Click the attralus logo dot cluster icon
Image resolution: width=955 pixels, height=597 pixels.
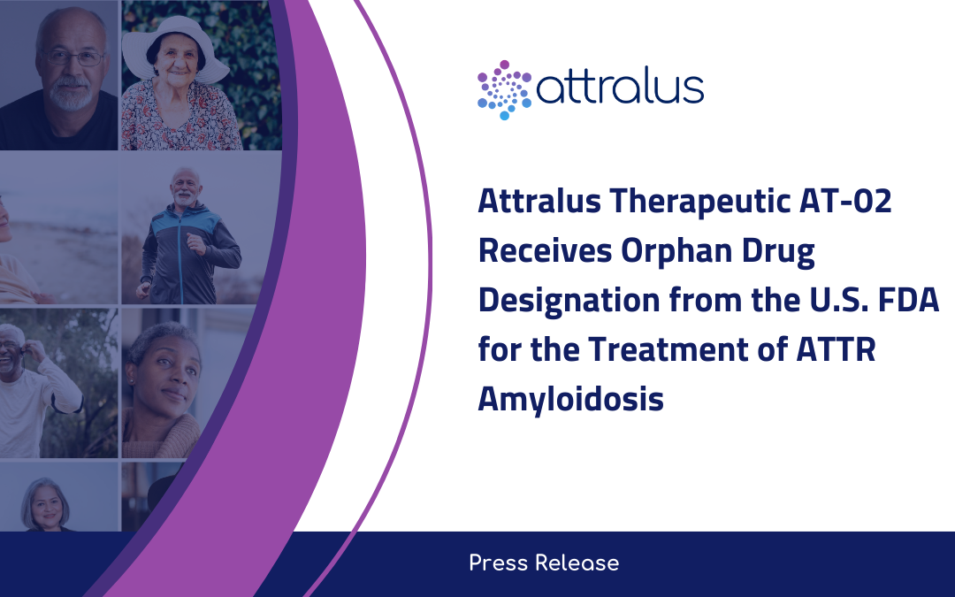[x=504, y=89]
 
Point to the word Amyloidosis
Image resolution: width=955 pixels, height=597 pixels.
[x=570, y=398]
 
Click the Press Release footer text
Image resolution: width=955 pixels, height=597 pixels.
[x=544, y=563]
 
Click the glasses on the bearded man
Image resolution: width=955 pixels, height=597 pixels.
[x=74, y=58]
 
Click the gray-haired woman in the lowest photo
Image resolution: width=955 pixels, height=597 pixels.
[x=46, y=504]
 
